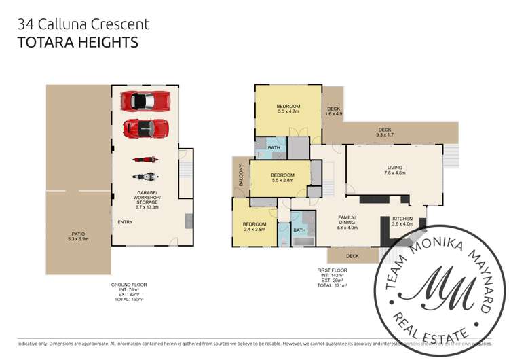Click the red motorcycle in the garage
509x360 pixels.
(146, 160)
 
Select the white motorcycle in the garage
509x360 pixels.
(146, 177)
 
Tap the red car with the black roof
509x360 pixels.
(146, 127)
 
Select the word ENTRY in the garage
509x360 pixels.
(125, 222)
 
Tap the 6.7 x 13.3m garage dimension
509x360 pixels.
(147, 207)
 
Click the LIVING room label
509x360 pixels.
(394, 170)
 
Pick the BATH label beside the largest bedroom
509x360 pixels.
(274, 147)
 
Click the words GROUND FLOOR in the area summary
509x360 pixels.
(129, 285)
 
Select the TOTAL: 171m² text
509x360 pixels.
(333, 285)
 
